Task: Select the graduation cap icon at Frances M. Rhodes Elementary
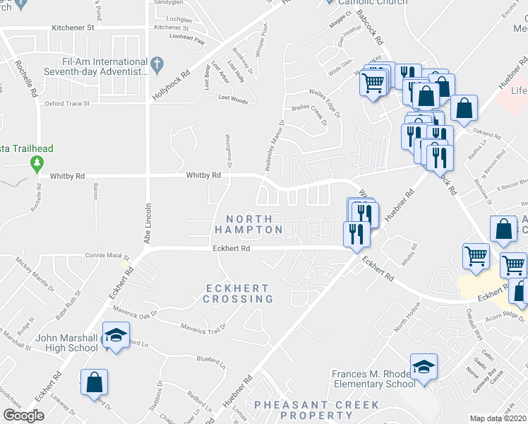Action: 424,367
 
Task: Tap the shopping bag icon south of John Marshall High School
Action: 94,383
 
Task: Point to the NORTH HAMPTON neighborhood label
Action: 248,224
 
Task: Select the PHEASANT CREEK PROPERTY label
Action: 316,411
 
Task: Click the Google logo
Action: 23,416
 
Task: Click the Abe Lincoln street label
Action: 148,224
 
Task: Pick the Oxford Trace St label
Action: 67,103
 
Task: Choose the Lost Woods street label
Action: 233,100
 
